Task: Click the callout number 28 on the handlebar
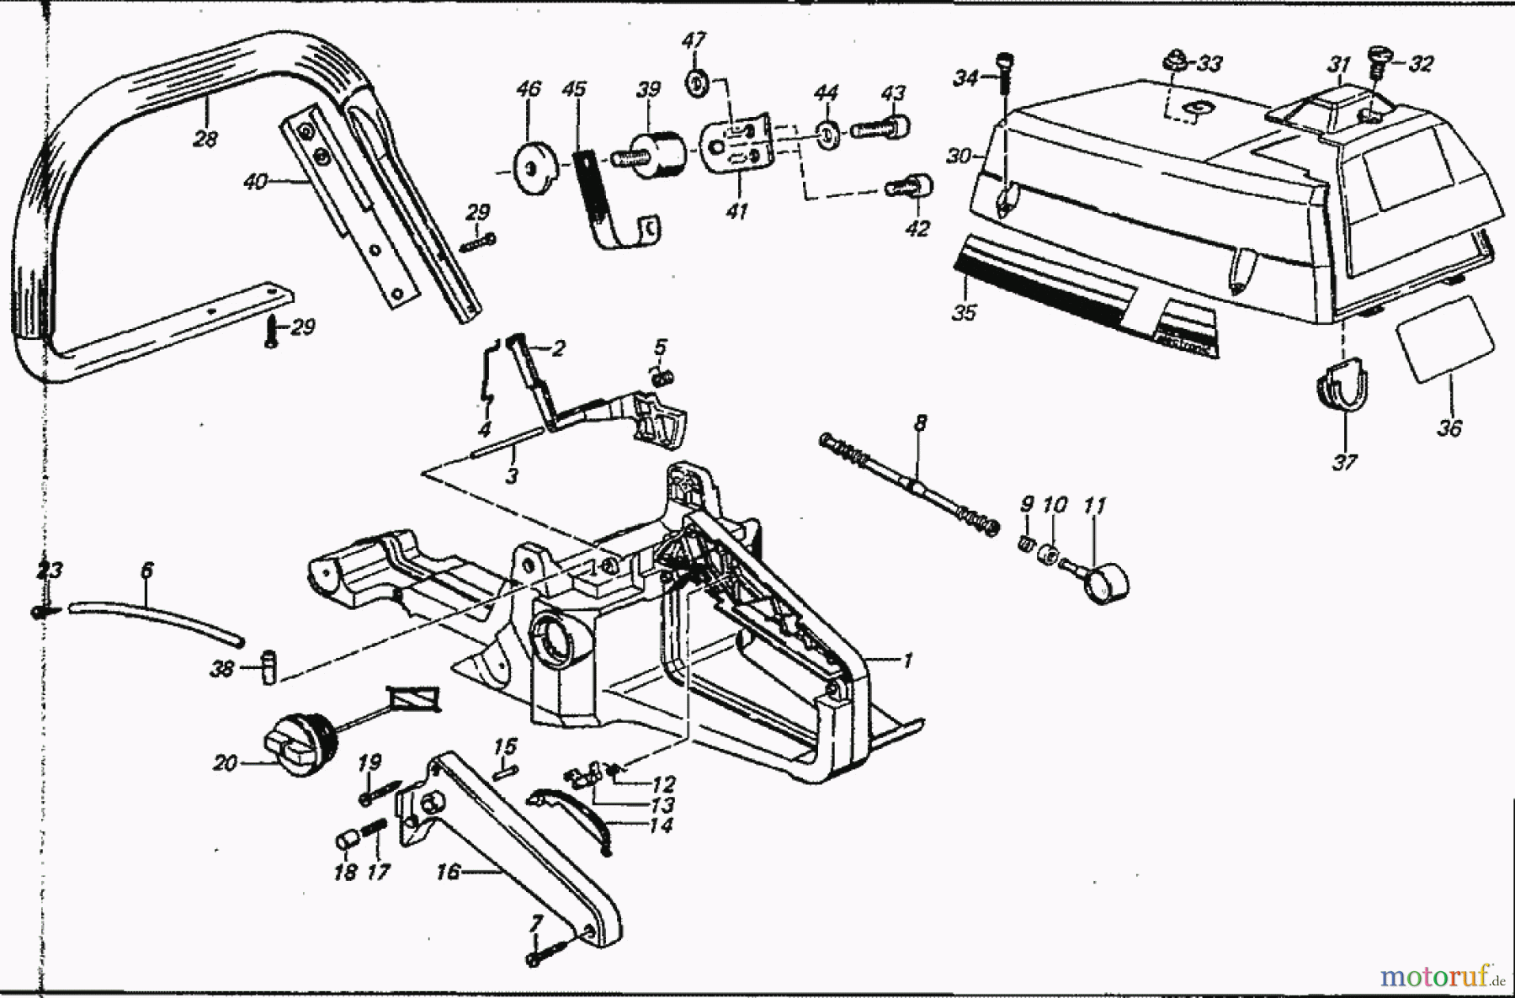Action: pyautogui.click(x=205, y=139)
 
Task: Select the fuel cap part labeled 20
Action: pyautogui.click(x=300, y=744)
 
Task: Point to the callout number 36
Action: pyautogui.click(x=1449, y=427)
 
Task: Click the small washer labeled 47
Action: pyautogui.click(x=695, y=81)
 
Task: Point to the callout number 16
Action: pyautogui.click(x=448, y=872)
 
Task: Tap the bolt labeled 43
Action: pyautogui.click(x=881, y=128)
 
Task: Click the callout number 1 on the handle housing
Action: pyautogui.click(x=907, y=661)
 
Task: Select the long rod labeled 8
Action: pyautogui.click(x=909, y=482)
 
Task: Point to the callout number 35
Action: pyautogui.click(x=964, y=312)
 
